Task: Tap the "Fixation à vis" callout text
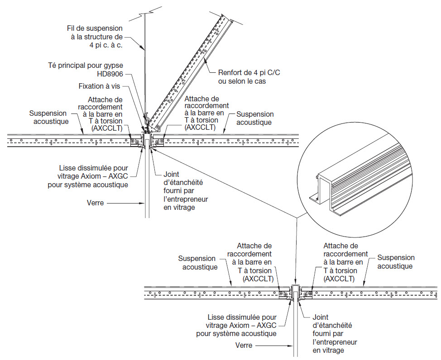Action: coord(99,86)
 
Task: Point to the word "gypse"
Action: coord(113,66)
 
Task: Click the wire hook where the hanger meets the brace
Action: coord(146,120)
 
